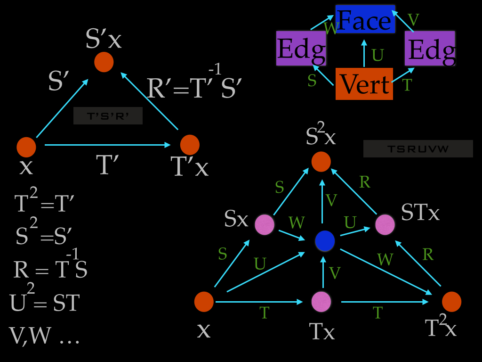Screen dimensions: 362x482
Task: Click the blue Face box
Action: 365,19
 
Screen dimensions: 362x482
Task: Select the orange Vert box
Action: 364,84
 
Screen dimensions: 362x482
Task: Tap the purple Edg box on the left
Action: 301,48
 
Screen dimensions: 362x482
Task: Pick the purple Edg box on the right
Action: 430,49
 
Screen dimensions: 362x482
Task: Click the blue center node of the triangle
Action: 325,241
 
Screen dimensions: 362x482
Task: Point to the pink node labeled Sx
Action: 265,225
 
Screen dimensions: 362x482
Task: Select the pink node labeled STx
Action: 385,224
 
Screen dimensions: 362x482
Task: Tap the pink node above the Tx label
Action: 321,302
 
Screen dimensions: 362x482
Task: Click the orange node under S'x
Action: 104,62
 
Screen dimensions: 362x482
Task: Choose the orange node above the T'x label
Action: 190,145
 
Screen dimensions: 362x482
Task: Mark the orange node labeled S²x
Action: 321,162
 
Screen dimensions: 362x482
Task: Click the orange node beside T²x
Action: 451,302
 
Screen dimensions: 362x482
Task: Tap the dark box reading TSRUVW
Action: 418,149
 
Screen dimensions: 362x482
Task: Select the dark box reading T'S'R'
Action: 108,116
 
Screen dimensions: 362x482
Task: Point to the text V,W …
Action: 44,335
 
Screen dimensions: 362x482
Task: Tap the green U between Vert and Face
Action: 378,56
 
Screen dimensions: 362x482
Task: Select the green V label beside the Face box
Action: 413,20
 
